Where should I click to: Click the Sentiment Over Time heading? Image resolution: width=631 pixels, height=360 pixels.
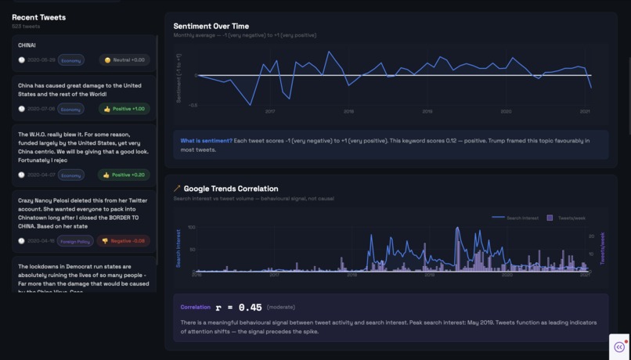coord(211,26)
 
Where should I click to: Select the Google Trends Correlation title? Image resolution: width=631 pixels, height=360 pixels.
coord(230,189)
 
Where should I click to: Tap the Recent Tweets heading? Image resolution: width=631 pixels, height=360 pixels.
coord(38,17)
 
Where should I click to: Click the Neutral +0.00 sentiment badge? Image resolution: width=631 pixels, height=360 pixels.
coord(124,59)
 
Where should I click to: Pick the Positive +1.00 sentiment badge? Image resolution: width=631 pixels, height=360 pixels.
coord(124,109)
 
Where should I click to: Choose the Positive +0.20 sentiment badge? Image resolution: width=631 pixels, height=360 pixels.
coord(124,175)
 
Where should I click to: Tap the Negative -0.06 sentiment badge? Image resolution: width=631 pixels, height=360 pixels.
coord(124,241)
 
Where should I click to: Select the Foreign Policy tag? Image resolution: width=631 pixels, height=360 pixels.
coord(75,241)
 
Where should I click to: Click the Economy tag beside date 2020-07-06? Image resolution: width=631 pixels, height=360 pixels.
coord(71,110)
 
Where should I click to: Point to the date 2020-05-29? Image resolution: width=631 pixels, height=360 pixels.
coord(41,60)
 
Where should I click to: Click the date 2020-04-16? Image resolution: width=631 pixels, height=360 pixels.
coord(41,241)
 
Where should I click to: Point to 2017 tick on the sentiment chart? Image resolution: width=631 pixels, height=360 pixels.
coord(270,111)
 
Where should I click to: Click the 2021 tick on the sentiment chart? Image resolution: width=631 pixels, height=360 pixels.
coord(585,111)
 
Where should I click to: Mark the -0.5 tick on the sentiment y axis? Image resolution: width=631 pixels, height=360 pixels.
coord(193,105)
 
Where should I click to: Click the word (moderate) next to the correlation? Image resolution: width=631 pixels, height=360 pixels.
coord(281,308)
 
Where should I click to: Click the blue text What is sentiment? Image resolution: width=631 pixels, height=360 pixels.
coord(206,141)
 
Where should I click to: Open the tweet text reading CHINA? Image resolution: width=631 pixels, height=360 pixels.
coord(27,45)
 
